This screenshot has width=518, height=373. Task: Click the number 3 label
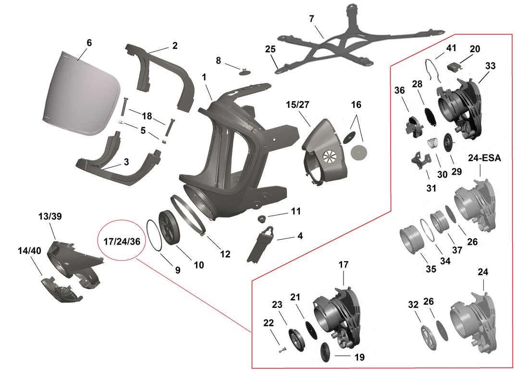126,162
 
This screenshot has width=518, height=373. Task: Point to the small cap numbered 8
246,72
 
